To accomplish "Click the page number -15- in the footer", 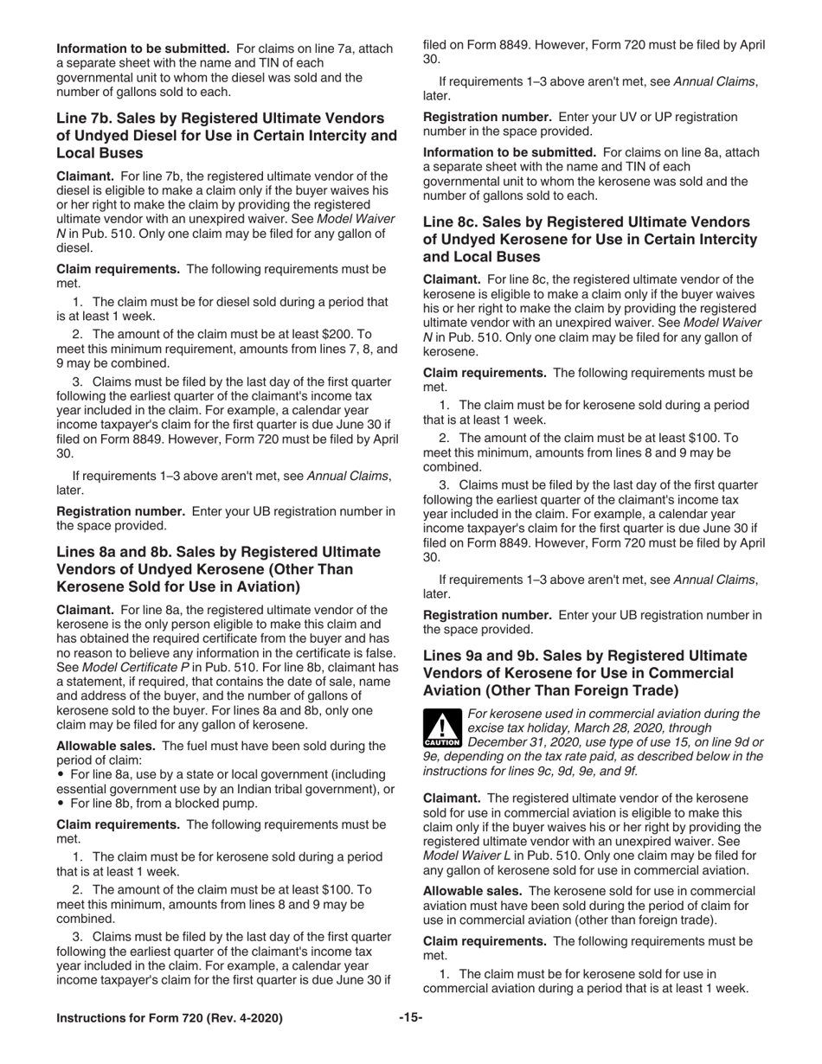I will coord(410,1018).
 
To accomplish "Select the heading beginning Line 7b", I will coord(227,136).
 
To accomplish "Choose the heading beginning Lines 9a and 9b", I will coord(585,673).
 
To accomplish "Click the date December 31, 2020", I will coord(527,742).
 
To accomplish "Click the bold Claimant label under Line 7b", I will coord(87,176).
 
